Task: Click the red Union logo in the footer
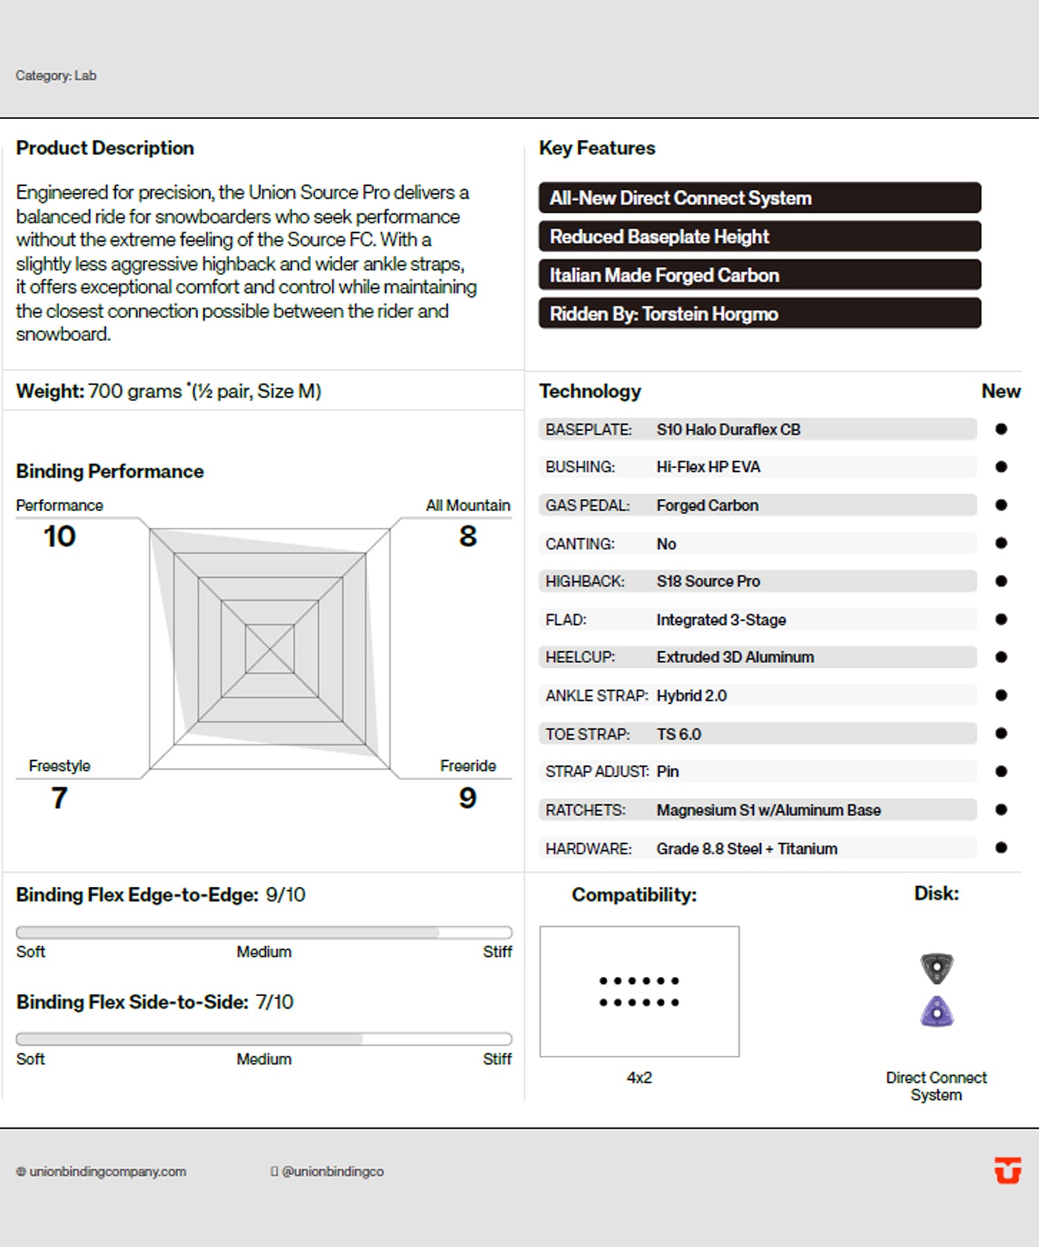[1007, 1170]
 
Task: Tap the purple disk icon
[936, 1012]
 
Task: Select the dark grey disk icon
[936, 968]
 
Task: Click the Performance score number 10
[60, 536]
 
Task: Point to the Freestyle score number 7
[60, 797]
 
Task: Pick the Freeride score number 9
[468, 797]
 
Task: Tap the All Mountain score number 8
[468, 536]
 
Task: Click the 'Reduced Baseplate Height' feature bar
[759, 236]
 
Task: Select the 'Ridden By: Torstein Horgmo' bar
[759, 314]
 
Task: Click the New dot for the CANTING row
[1001, 543]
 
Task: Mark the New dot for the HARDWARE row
[1001, 847]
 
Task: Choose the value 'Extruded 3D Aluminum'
[735, 657]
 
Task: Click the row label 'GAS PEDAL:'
[587, 506]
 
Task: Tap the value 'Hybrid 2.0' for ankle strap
[691, 696]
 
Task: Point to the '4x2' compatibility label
[639, 1077]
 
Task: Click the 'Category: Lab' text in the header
[56, 76]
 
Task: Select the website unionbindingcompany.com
[107, 1171]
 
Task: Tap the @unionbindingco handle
[332, 1171]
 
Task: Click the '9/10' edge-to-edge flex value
[285, 894]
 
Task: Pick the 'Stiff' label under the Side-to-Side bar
[497, 1059]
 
